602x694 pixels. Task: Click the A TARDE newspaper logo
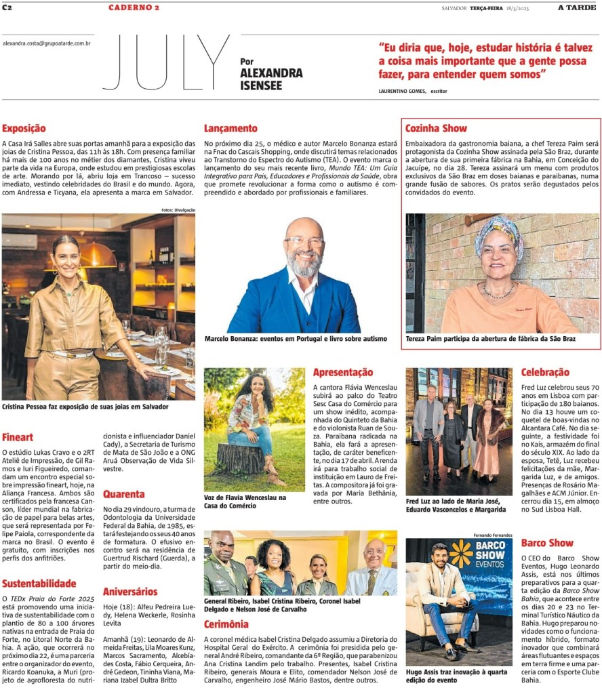pos(578,7)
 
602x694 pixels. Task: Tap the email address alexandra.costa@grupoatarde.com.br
pos(47,43)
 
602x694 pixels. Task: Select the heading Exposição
pos(24,128)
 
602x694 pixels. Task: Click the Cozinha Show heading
pos(436,128)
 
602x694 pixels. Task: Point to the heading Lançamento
pos(230,128)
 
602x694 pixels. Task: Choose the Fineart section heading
pos(18,437)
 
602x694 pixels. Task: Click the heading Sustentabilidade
pos(39,583)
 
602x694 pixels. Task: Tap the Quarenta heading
pos(123,494)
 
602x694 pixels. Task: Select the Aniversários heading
pos(130,592)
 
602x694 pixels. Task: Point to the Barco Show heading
pos(547,543)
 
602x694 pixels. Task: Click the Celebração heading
pos(545,372)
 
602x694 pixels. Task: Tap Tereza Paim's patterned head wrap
pos(499,230)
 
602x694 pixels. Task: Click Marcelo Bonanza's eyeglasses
pos(304,241)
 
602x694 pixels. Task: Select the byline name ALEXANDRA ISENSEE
pos(271,79)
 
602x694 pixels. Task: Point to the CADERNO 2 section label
pos(134,7)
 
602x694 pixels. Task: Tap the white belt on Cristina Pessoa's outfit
pos(72,353)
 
